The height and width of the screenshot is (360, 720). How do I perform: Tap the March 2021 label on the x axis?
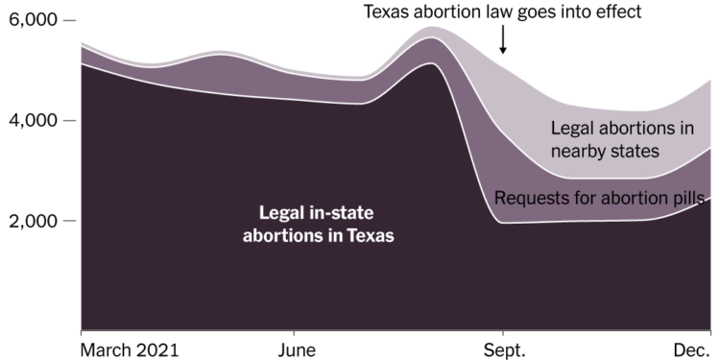[x=130, y=349]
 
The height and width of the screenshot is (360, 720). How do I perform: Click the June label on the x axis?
[x=292, y=349]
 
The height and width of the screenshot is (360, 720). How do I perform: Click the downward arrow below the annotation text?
[x=503, y=41]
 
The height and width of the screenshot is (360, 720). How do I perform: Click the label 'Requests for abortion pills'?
[x=601, y=199]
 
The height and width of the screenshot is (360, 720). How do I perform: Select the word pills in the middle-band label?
[x=688, y=199]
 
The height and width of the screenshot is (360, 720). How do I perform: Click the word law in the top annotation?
[x=483, y=12]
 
